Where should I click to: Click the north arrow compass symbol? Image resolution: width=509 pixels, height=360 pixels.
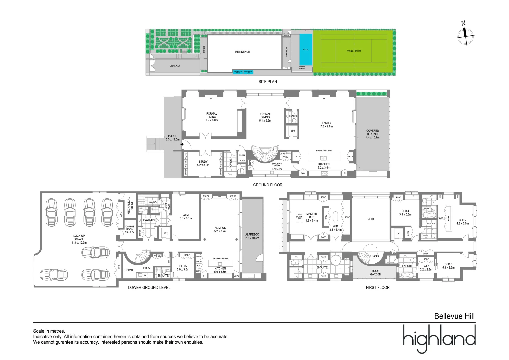(x=465, y=34)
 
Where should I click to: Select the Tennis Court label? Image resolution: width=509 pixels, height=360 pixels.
(x=354, y=51)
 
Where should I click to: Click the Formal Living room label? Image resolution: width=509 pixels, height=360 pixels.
(x=212, y=117)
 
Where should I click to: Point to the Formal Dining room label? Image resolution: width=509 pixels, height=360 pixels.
(x=265, y=117)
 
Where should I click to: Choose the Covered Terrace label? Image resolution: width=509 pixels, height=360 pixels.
(x=372, y=134)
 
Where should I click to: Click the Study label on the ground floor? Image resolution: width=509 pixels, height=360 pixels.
(x=203, y=163)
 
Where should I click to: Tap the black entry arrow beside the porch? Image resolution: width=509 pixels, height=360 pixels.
(x=182, y=144)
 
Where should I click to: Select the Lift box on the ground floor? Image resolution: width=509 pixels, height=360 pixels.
(x=293, y=131)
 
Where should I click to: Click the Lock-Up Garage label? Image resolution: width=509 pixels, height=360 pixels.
(x=79, y=239)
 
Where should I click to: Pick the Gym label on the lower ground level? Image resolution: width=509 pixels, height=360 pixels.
(x=186, y=217)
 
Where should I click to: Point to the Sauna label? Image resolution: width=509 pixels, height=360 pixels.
(x=152, y=202)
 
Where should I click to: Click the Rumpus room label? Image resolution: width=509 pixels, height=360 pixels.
(x=220, y=229)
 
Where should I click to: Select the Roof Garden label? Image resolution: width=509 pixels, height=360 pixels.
(x=376, y=273)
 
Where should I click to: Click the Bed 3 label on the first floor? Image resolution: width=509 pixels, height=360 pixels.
(x=448, y=266)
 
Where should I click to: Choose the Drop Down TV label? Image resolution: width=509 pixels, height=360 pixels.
(x=299, y=217)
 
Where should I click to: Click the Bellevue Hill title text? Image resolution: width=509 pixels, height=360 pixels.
(x=454, y=316)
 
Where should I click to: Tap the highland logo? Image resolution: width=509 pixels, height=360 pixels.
(x=439, y=338)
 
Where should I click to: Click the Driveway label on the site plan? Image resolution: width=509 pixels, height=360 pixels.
(x=175, y=66)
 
